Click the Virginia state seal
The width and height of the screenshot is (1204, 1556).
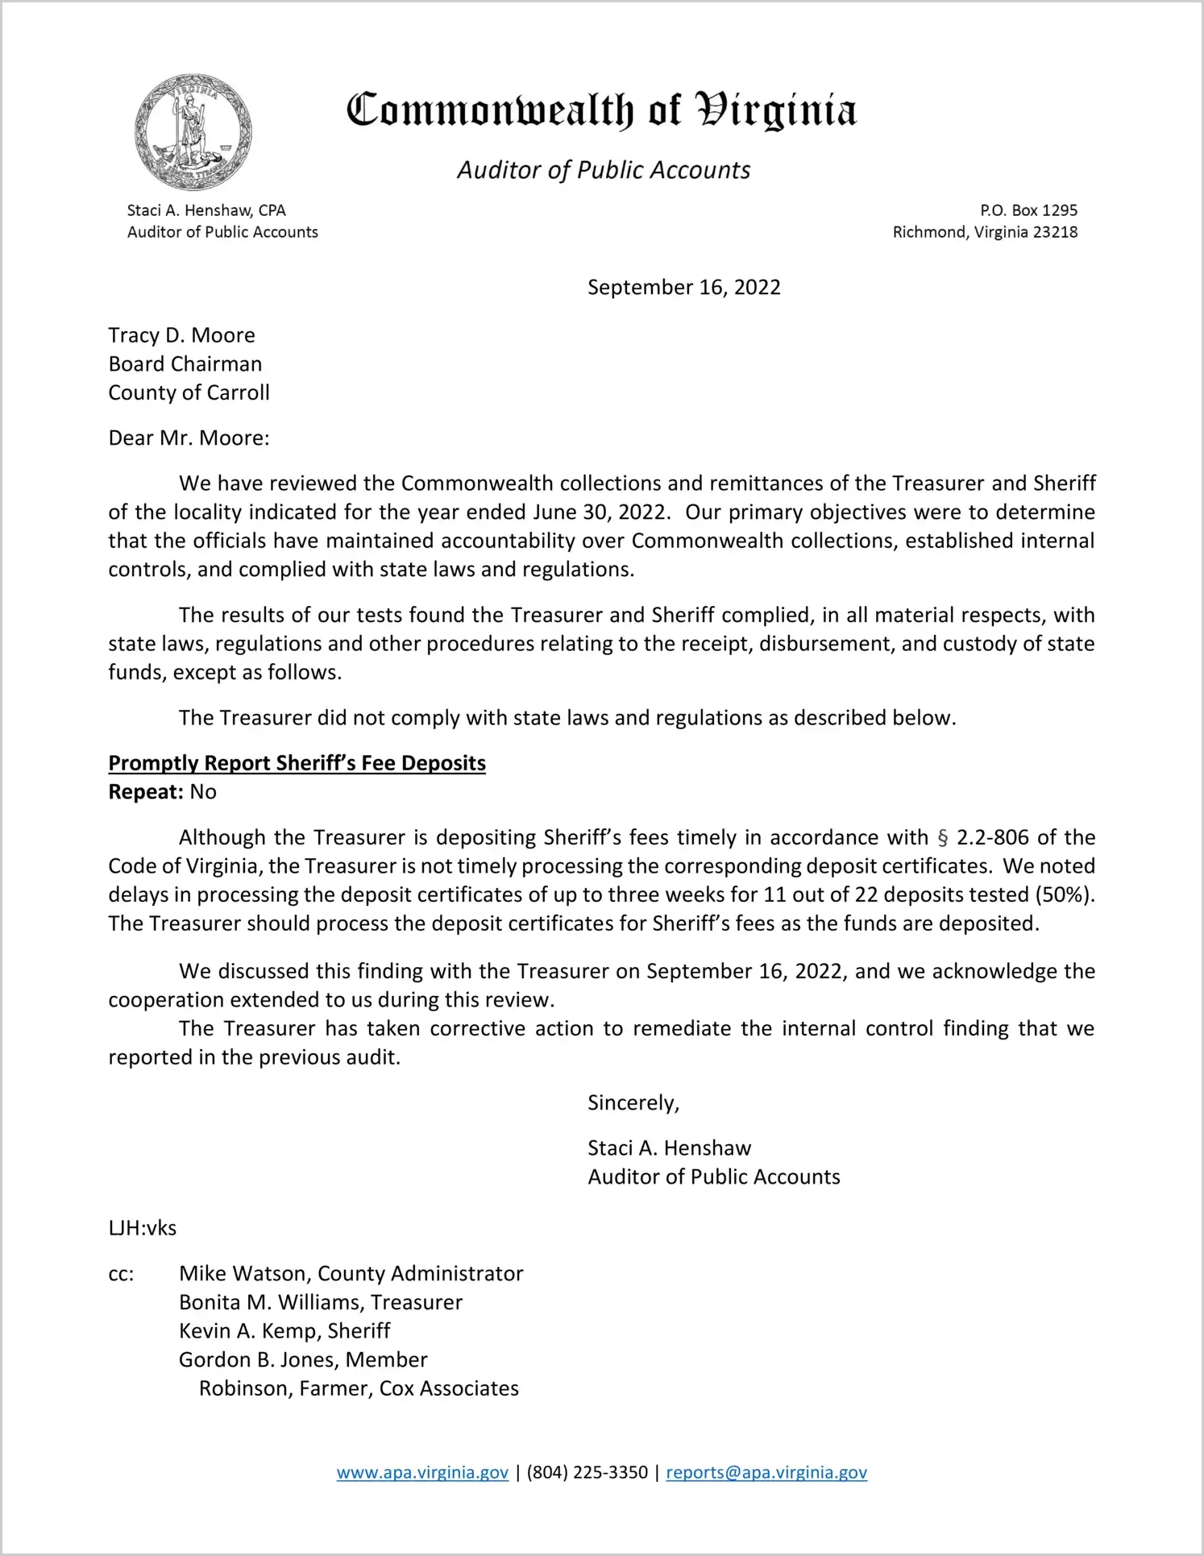click(x=193, y=131)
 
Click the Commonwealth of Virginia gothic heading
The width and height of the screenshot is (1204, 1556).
click(x=601, y=111)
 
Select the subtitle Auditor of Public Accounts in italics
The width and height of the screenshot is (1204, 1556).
click(x=604, y=170)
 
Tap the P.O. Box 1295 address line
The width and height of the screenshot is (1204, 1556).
click(x=1028, y=210)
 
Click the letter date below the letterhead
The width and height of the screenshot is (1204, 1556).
click(x=683, y=288)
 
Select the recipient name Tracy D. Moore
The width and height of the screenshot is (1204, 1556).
click(x=182, y=335)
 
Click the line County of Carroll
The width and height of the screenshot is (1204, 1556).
click(x=189, y=392)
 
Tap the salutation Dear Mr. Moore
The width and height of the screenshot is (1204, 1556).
click(x=189, y=438)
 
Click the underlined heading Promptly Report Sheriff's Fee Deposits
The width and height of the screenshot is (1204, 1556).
click(x=297, y=763)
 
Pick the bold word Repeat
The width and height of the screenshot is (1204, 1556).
click(x=146, y=792)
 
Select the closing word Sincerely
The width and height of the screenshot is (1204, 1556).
click(x=633, y=1102)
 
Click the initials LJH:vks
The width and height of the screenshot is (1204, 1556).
click(x=143, y=1228)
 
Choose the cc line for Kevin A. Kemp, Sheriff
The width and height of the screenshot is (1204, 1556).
click(x=284, y=1330)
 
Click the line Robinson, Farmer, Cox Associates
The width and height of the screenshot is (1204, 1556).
click(x=359, y=1388)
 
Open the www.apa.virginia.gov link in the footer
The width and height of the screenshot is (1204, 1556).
click(x=422, y=1472)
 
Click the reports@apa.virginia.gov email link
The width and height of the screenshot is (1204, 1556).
click(x=766, y=1472)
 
